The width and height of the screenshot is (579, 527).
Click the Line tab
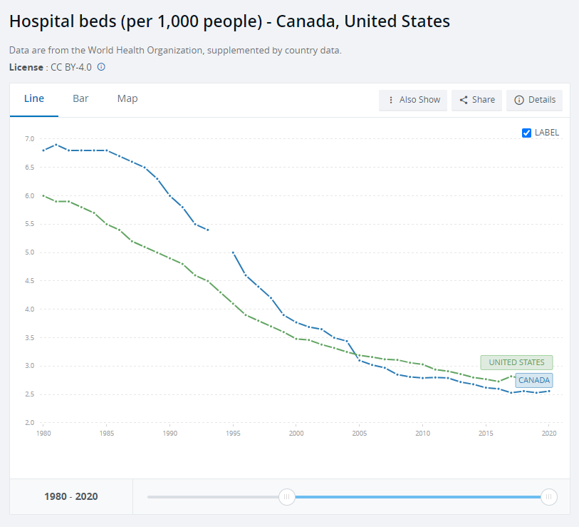tap(34, 98)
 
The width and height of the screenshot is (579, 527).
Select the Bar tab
tap(80, 98)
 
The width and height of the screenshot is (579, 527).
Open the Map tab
tap(127, 98)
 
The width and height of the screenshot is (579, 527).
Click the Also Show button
tap(413, 100)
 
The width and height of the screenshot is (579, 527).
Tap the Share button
tap(477, 100)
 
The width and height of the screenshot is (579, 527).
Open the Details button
tap(534, 100)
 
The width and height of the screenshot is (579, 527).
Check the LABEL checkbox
tap(527, 133)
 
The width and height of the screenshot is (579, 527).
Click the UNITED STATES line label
tap(516, 362)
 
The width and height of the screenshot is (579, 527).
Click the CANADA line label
tap(533, 380)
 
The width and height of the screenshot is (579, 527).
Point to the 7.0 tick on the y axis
tap(30, 139)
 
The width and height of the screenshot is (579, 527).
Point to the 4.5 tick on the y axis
tap(30, 281)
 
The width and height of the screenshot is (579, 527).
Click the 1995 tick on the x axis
tap(233, 433)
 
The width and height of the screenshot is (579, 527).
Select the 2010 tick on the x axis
tap(423, 433)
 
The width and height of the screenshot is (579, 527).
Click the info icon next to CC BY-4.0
tap(101, 67)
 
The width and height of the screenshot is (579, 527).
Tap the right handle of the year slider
tap(548, 497)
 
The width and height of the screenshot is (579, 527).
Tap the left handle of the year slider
tap(287, 497)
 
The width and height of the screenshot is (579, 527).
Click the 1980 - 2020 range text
tap(71, 497)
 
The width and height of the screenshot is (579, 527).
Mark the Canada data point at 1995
tap(233, 252)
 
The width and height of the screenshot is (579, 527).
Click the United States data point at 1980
tap(43, 195)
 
